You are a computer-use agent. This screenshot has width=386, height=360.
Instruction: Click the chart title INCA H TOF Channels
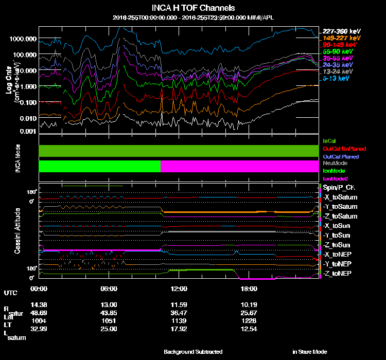tap(193, 8)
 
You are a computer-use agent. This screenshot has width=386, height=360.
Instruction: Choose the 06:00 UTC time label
tap(110, 289)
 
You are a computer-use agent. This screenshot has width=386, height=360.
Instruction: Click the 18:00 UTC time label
tap(248, 289)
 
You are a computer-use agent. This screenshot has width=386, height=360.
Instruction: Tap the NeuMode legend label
tap(334, 163)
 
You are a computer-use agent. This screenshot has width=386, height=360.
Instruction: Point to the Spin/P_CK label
tap(338, 188)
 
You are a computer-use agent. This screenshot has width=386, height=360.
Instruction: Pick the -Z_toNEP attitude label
tap(338, 273)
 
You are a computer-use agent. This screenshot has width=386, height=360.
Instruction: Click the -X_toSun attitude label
tap(338, 226)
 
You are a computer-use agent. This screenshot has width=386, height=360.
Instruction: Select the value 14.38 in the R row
tap(39, 304)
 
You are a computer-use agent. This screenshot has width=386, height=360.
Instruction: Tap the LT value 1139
tap(179, 320)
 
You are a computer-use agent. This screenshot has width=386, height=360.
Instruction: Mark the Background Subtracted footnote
tap(193, 352)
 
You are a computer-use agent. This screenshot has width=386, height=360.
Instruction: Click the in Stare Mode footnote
tap(309, 352)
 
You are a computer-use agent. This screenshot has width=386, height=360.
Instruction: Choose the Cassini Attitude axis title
tap(17, 230)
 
